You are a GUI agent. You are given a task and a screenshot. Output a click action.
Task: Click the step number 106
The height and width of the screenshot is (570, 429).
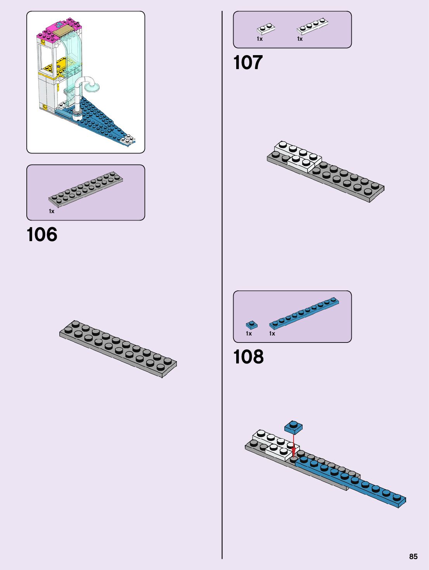click(42, 235)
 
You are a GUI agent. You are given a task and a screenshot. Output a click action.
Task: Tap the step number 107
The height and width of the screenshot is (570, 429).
click(248, 63)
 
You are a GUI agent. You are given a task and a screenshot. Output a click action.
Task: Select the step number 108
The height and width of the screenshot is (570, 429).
click(248, 357)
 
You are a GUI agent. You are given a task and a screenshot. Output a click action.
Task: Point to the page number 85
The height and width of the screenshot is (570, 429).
click(413, 556)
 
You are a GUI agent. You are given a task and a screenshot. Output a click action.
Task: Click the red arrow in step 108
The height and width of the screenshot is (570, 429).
click(294, 445)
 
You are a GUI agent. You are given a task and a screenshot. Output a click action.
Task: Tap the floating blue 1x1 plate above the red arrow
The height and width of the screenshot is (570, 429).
click(293, 427)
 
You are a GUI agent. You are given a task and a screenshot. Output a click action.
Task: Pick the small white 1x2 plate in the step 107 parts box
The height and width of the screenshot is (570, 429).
click(266, 29)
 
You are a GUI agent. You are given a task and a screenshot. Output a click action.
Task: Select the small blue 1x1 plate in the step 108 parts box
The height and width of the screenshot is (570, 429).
click(251, 325)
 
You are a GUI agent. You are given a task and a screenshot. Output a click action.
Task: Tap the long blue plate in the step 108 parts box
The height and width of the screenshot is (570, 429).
click(304, 313)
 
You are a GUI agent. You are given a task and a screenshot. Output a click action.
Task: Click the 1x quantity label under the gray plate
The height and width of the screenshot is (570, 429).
click(52, 211)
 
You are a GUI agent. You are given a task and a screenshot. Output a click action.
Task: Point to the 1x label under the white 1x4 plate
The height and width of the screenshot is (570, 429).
click(300, 39)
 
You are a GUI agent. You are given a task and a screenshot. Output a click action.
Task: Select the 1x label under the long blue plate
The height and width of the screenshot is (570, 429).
click(272, 334)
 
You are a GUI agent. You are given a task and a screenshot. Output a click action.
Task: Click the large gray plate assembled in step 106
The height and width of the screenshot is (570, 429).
click(118, 348)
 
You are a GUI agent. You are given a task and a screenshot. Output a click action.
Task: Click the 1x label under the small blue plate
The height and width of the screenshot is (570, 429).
click(249, 334)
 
